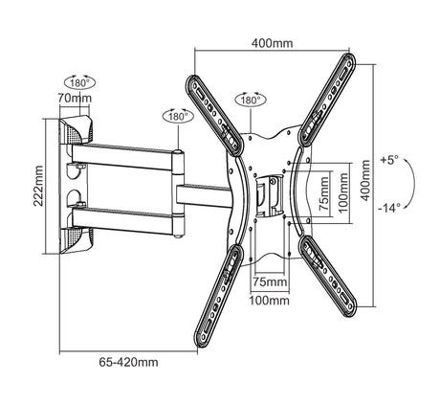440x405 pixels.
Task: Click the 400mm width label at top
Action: [272, 43]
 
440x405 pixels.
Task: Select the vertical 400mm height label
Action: [365, 180]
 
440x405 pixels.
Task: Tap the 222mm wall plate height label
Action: [38, 186]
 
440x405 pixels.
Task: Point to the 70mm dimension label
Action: [75, 98]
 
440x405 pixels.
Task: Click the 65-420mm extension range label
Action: [128, 362]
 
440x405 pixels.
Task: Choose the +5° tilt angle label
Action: [389, 160]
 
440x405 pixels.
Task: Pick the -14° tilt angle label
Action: [389, 208]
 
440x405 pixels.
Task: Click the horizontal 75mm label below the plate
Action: [270, 281]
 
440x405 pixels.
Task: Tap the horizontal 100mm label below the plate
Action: [270, 301]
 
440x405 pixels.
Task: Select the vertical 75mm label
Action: [324, 193]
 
